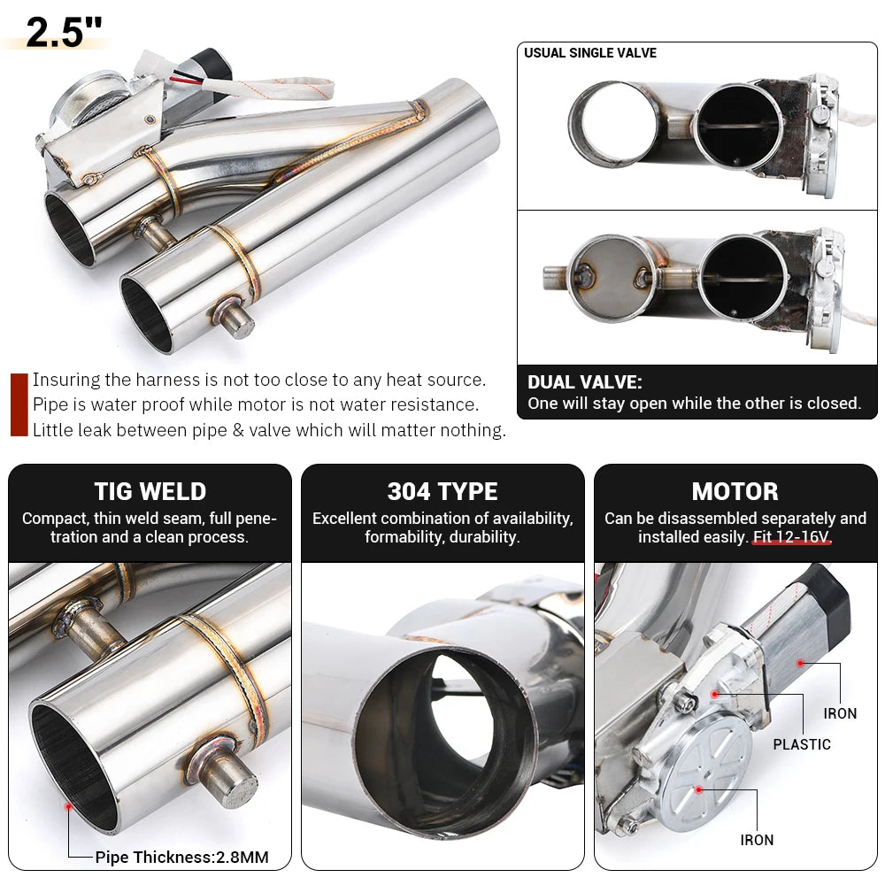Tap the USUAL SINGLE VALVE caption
(x=589, y=53)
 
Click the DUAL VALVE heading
(x=584, y=382)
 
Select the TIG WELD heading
(x=150, y=492)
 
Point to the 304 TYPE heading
(x=442, y=492)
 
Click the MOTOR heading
(x=735, y=492)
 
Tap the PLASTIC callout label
(x=802, y=744)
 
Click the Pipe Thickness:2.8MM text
(x=181, y=857)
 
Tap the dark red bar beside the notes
(x=19, y=404)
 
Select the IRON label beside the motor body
(x=840, y=713)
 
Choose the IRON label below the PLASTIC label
(x=757, y=840)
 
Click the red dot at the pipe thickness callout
(x=68, y=806)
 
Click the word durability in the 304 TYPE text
(x=487, y=537)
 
